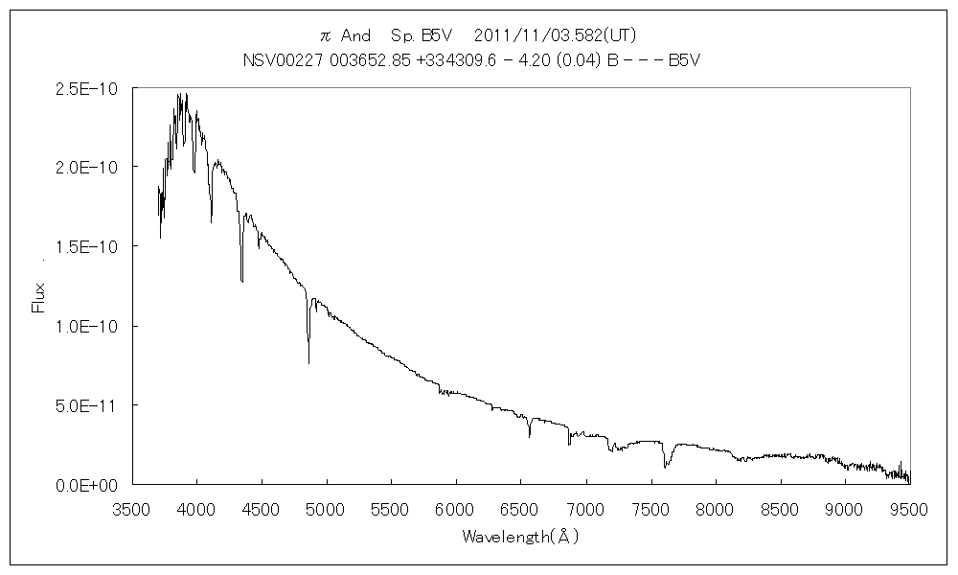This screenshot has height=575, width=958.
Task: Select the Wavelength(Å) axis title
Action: (x=520, y=536)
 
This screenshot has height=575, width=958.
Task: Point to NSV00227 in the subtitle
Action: (x=277, y=59)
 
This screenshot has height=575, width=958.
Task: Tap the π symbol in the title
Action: (x=325, y=36)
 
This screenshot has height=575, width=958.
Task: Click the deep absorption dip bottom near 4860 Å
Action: (x=308, y=363)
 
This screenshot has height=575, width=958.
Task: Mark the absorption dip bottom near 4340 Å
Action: (x=241, y=281)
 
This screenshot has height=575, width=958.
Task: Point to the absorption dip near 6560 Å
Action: (x=530, y=436)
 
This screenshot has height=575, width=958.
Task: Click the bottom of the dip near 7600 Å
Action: (x=665, y=468)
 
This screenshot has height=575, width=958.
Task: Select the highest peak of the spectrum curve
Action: (x=179, y=94)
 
